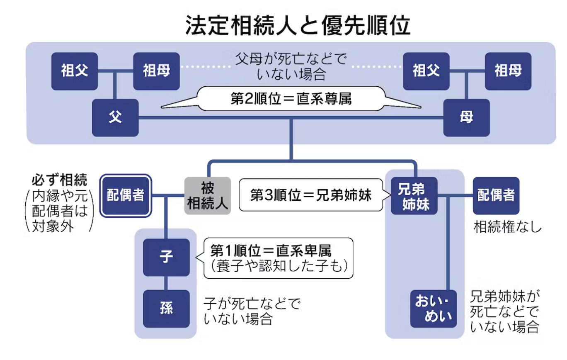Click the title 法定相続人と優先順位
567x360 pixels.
[x=298, y=25]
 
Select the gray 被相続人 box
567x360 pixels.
[x=208, y=196]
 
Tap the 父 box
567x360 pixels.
[x=115, y=117]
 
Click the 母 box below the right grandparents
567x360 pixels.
[x=467, y=117]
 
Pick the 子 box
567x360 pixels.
[x=166, y=257]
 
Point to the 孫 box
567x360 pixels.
[x=166, y=309]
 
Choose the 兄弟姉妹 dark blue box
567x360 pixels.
[x=414, y=196]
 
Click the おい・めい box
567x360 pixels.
[x=434, y=309]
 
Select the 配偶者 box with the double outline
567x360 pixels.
[x=126, y=196]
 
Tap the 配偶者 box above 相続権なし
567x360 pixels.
[x=496, y=196]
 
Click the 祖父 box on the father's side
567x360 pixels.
[x=75, y=71]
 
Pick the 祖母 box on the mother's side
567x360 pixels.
[x=508, y=71]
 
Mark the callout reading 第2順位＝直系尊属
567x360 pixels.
[x=291, y=99]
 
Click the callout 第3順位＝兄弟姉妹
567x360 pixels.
[x=311, y=195]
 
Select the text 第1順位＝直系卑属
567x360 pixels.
[x=271, y=251]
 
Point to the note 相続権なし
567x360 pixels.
[x=507, y=226]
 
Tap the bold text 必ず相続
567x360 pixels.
[x=59, y=180]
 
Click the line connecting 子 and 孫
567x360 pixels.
[x=166, y=283]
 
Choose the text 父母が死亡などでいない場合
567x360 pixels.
[x=291, y=66]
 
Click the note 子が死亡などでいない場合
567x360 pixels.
[x=252, y=311]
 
